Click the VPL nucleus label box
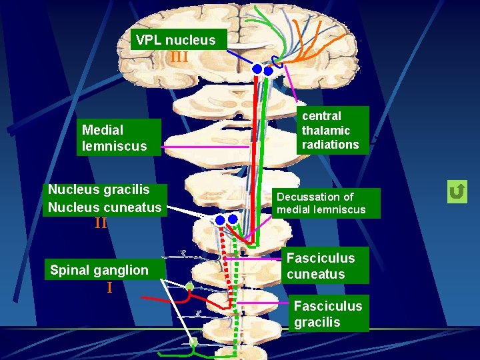[x=177, y=40]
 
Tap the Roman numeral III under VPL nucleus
[x=179, y=57]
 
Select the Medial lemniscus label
[x=119, y=137]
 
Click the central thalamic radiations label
[x=331, y=131]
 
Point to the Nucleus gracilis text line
[x=99, y=190]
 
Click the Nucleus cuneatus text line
[x=105, y=207]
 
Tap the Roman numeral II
[x=101, y=223]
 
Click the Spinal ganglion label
[x=99, y=270]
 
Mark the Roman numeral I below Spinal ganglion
[x=109, y=288]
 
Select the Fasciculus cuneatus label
[x=321, y=266]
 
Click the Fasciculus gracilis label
[x=328, y=313]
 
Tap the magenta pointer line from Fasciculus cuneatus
[x=257, y=258]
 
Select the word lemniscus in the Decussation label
[x=341, y=210]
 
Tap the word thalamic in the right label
[x=326, y=130]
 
